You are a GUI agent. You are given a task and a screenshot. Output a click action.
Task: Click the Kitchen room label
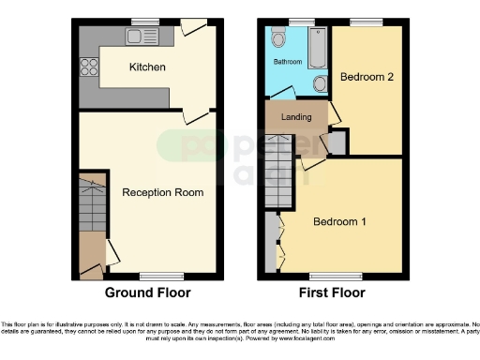click(147, 67)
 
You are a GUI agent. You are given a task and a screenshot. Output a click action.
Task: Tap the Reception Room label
click(162, 192)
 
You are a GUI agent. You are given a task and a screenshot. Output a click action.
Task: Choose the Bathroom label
click(287, 62)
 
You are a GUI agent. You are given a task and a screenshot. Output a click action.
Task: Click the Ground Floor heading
click(147, 292)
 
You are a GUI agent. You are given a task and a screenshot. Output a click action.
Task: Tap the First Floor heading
click(334, 292)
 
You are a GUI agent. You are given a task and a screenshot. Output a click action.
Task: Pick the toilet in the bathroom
click(277, 38)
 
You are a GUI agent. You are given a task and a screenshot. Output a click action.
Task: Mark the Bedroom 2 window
click(364, 21)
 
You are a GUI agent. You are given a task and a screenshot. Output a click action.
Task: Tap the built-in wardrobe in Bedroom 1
click(272, 242)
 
